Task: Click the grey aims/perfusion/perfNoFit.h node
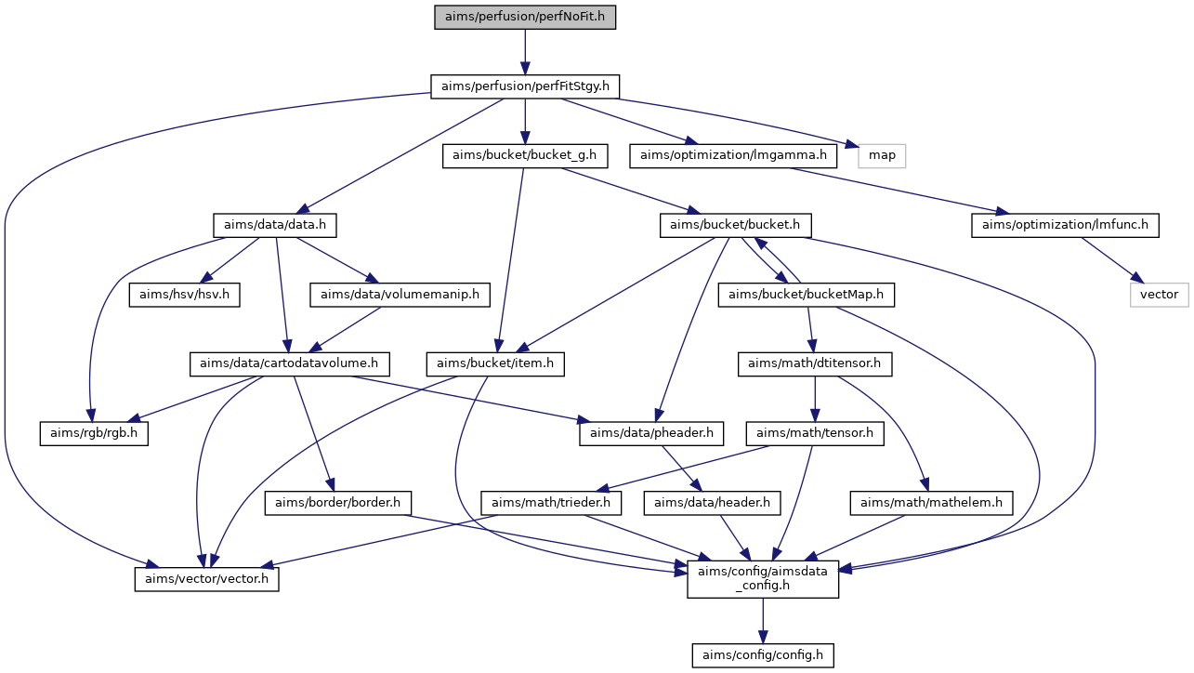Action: click(x=524, y=17)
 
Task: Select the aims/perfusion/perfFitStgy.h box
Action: click(x=524, y=86)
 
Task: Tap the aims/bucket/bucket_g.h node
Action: click(x=524, y=156)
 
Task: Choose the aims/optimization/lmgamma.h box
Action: click(x=733, y=156)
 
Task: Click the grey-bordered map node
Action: click(x=882, y=156)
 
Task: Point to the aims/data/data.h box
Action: click(x=274, y=225)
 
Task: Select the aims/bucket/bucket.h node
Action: click(x=735, y=225)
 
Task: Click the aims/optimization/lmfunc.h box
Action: click(x=1065, y=225)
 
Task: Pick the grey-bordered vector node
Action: click(x=1159, y=295)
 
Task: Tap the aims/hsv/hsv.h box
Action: click(x=184, y=295)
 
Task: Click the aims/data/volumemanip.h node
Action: click(x=400, y=295)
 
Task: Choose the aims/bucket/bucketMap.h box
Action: click(x=806, y=295)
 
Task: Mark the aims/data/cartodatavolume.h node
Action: click(x=289, y=364)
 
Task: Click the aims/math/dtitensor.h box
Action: click(x=815, y=364)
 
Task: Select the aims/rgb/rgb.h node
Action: click(x=94, y=433)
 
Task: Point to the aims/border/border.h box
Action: click(x=338, y=503)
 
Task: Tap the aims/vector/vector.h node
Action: click(x=207, y=579)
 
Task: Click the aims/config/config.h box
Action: click(x=763, y=655)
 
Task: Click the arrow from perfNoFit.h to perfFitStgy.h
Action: click(x=524, y=52)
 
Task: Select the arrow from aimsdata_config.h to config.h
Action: click(x=763, y=621)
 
